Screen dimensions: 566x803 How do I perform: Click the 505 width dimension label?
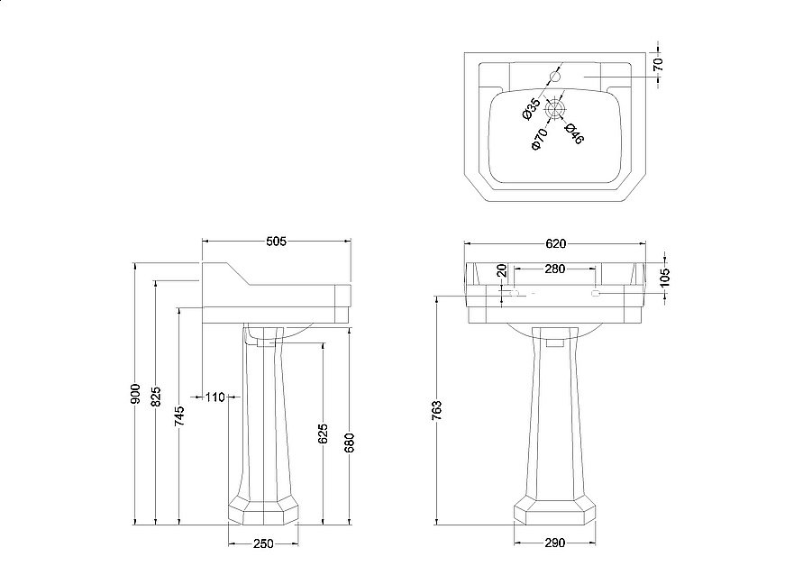(x=276, y=241)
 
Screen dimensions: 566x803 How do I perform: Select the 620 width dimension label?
(x=555, y=243)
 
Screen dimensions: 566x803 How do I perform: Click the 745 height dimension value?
(x=179, y=415)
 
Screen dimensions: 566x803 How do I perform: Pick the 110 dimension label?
(x=215, y=397)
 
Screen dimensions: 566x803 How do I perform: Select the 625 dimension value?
(x=324, y=435)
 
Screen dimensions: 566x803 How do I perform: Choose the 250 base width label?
(x=262, y=543)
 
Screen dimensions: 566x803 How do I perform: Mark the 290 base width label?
(x=553, y=543)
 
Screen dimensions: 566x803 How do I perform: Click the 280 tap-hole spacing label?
(x=554, y=269)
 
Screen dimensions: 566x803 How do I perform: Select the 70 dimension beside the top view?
(x=659, y=65)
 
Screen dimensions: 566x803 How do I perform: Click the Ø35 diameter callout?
(x=532, y=111)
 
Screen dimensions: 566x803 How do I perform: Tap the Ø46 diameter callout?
(x=574, y=133)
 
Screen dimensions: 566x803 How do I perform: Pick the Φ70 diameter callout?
(x=539, y=139)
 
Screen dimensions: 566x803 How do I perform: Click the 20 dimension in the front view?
(x=503, y=272)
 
